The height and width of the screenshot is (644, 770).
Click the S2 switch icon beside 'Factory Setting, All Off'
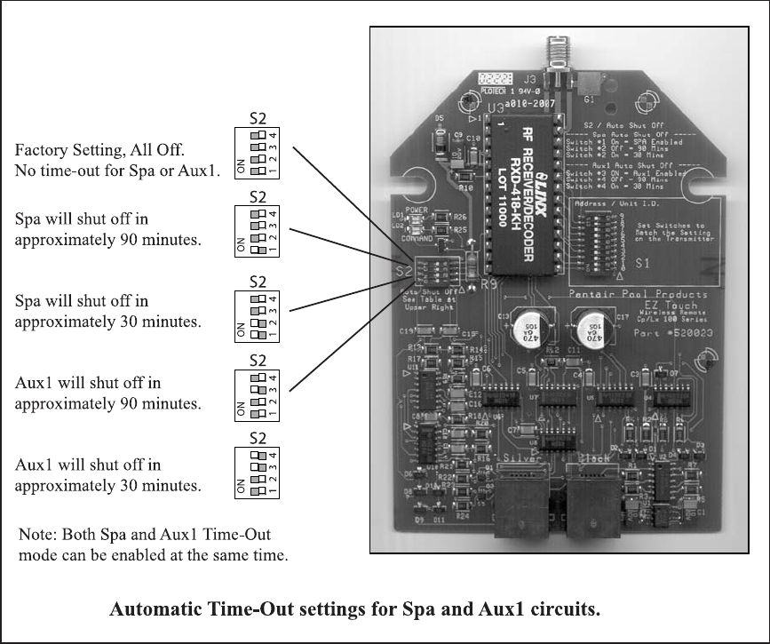pos(258,152)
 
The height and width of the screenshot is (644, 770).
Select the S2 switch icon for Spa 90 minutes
pos(258,232)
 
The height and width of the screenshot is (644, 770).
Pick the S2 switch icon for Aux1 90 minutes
pos(258,397)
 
